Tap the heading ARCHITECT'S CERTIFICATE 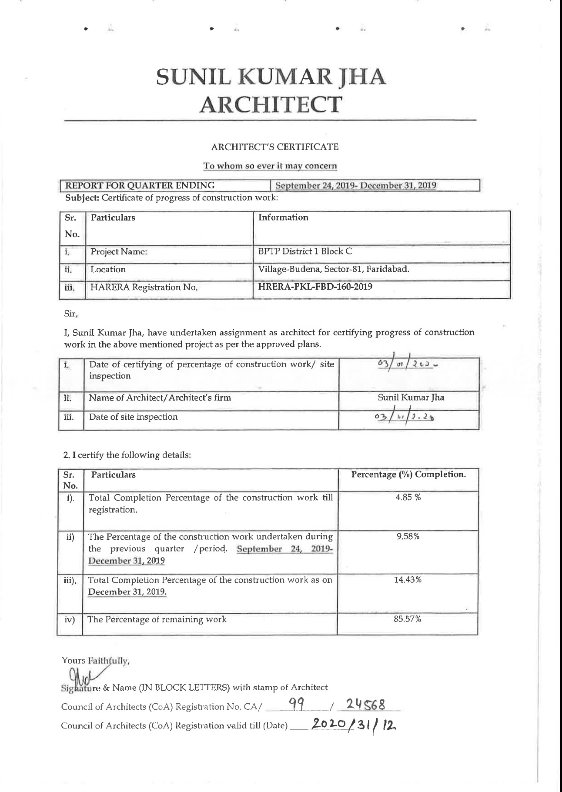[x=274, y=147]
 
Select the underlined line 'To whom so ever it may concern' [x=270, y=166]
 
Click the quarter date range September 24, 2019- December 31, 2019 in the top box [x=356, y=186]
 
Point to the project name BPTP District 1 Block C [x=305, y=251]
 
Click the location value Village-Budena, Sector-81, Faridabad [x=334, y=270]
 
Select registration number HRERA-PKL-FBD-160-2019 [x=315, y=287]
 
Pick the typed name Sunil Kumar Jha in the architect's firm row [x=411, y=397]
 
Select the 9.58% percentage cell [x=408, y=537]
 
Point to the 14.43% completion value [x=408, y=580]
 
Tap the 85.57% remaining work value [x=408, y=619]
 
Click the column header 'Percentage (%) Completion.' [x=408, y=475]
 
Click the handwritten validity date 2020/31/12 [x=355, y=724]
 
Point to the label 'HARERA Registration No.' [x=144, y=287]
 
